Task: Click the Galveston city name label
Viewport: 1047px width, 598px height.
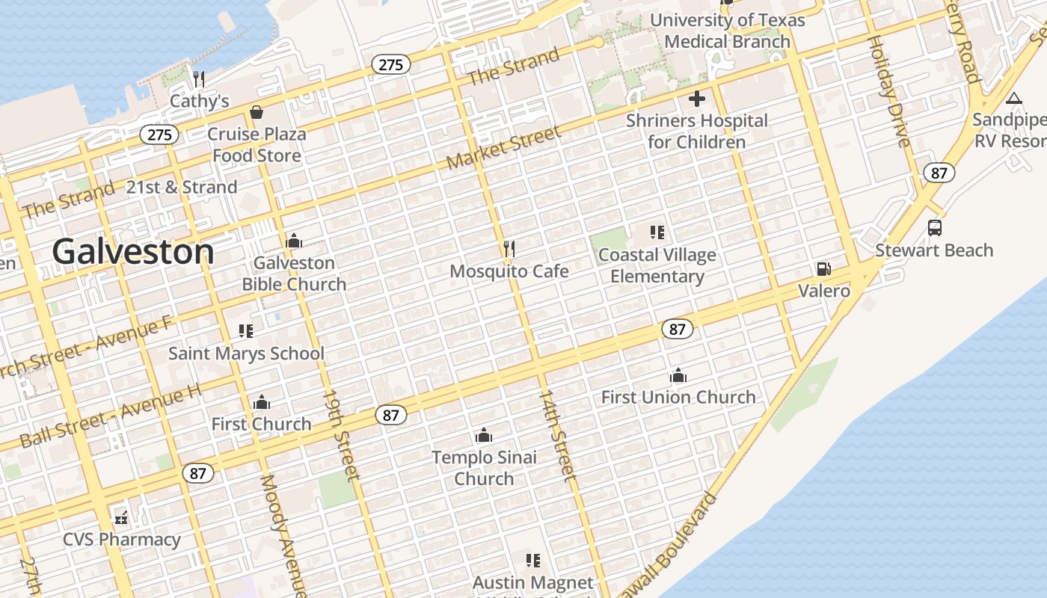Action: (x=133, y=252)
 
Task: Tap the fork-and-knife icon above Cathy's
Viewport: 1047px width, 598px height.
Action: (x=199, y=78)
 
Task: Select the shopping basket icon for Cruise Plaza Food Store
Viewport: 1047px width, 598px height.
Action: (x=257, y=112)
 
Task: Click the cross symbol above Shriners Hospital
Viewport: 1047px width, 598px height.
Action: (x=697, y=99)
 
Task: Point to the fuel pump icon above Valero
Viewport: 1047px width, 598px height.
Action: (x=823, y=269)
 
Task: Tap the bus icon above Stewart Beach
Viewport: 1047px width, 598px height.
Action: (x=934, y=228)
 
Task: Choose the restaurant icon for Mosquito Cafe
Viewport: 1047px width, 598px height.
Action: (x=509, y=248)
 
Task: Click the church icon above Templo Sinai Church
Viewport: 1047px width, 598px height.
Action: (x=484, y=435)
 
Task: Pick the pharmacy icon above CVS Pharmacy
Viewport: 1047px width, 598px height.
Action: (x=121, y=517)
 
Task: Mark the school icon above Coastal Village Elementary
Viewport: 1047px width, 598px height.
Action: (x=657, y=232)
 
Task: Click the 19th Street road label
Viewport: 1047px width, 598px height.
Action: (x=342, y=435)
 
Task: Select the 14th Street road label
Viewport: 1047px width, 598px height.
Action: (x=558, y=434)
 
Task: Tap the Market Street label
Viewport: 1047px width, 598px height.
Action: (x=503, y=148)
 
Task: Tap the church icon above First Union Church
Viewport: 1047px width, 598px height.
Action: (x=678, y=374)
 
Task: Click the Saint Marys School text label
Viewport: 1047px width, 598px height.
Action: (x=246, y=354)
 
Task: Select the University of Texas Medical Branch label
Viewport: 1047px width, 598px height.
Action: (x=728, y=31)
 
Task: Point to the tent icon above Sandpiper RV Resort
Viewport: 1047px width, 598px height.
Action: (x=1013, y=98)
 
